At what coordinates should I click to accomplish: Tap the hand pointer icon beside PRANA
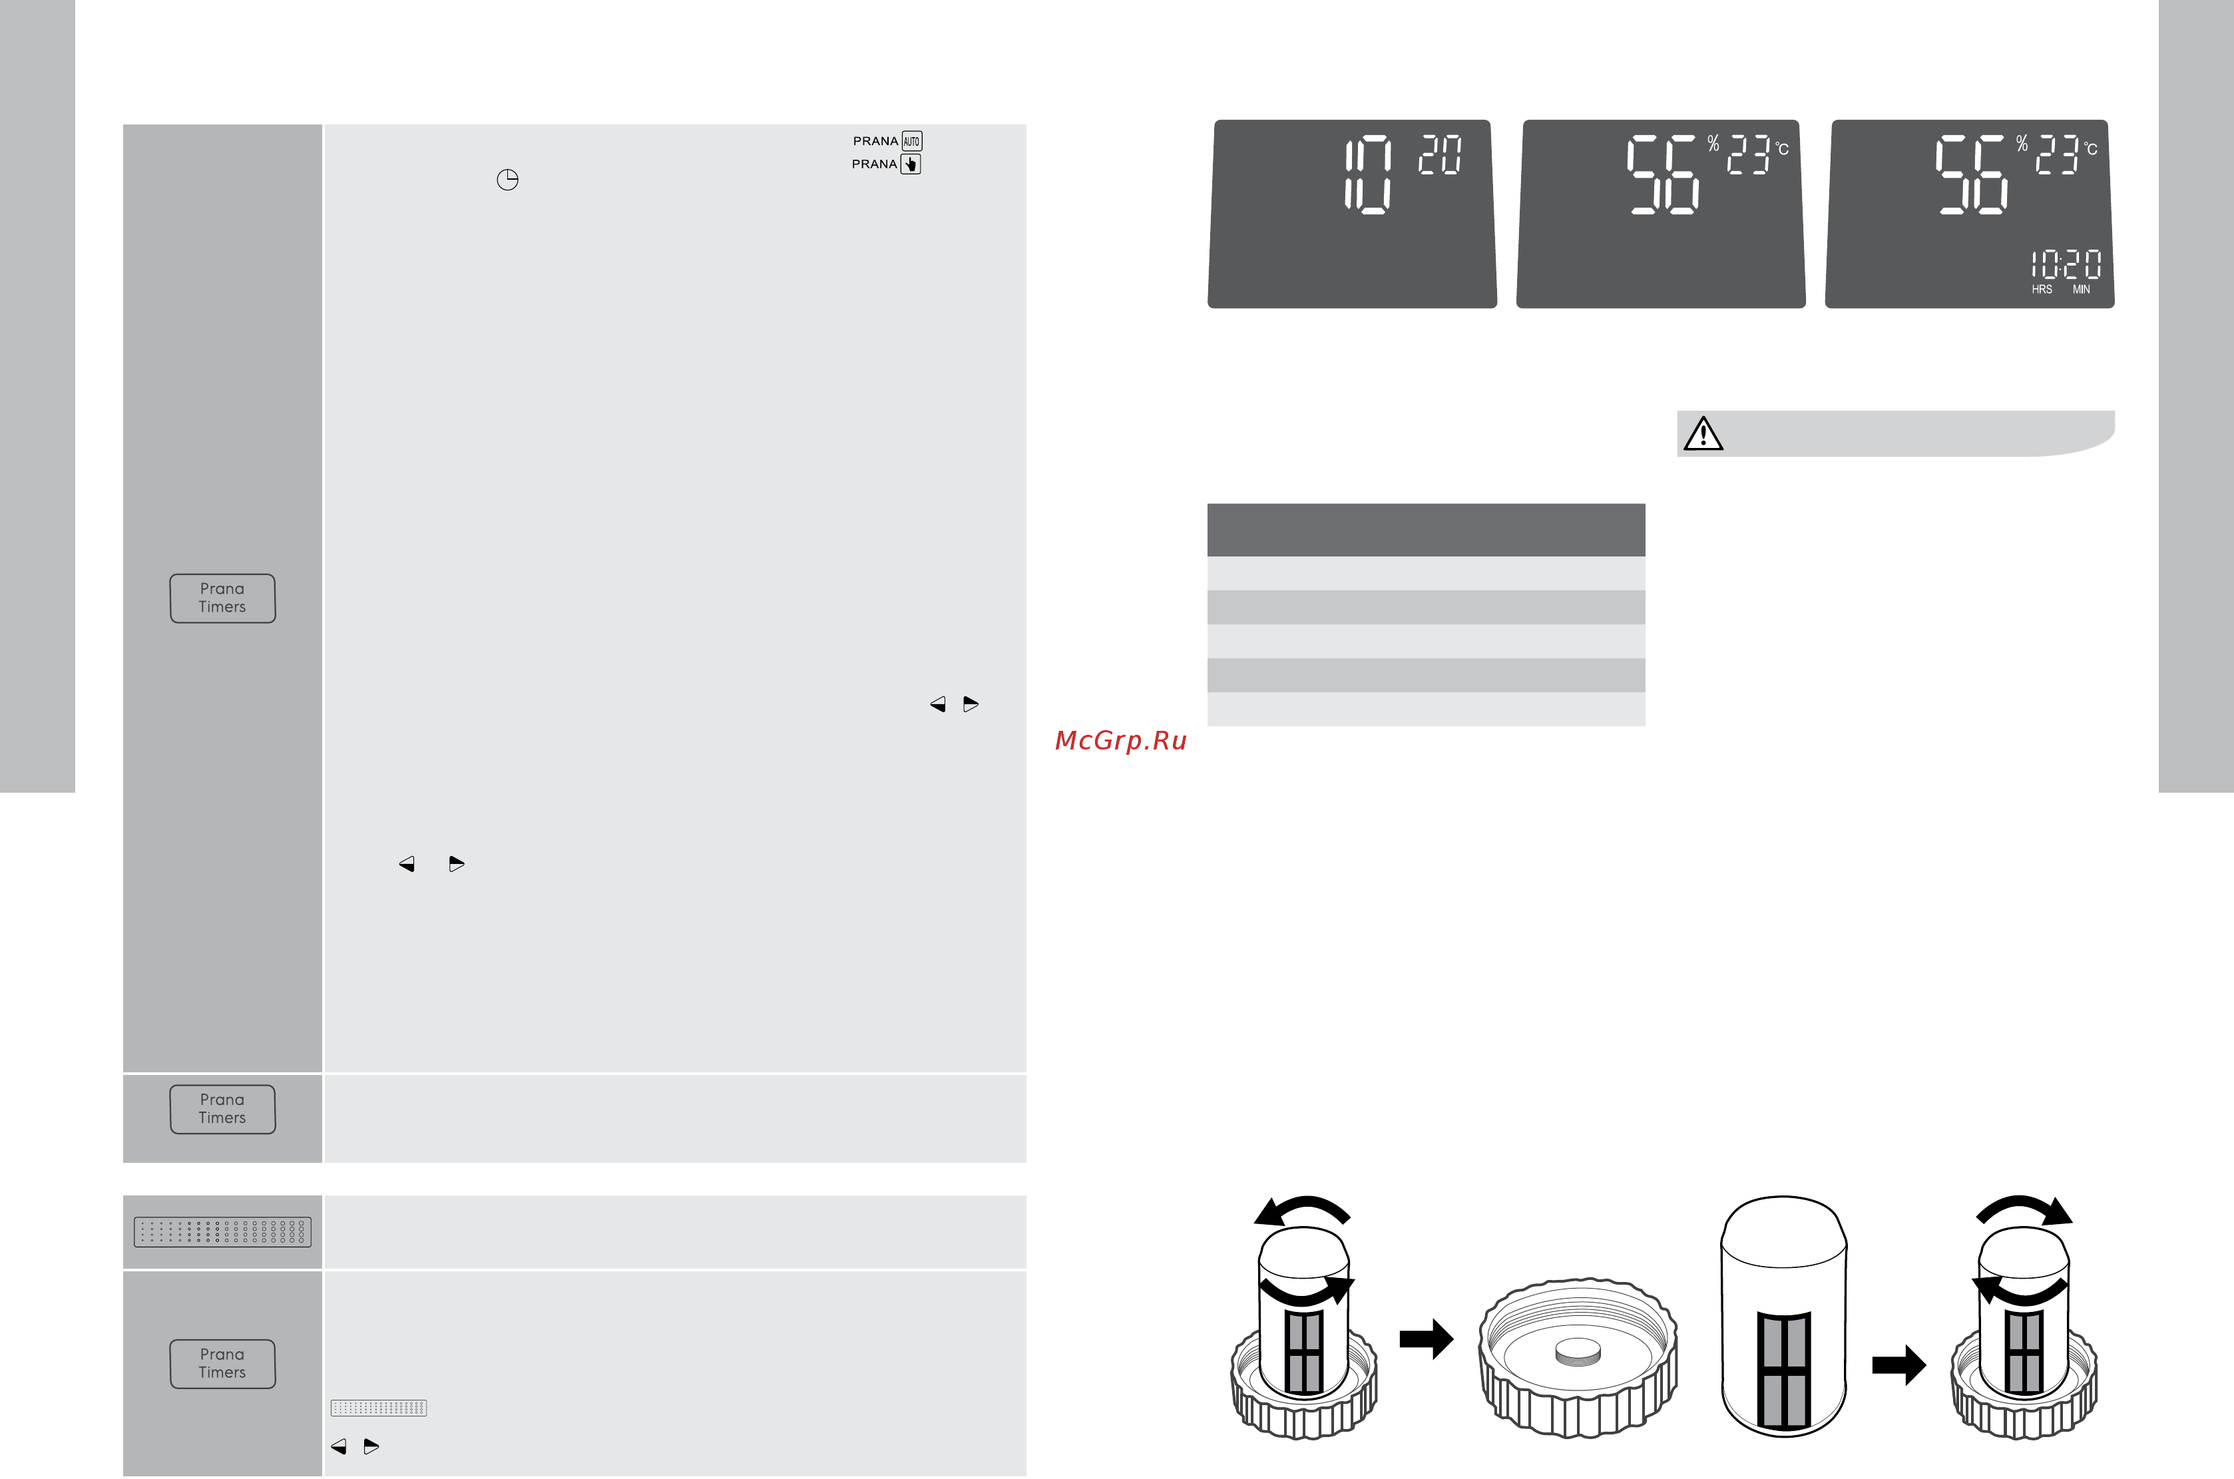pos(911,164)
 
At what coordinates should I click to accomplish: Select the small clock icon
pos(507,179)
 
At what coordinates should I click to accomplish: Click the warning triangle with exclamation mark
pos(1703,434)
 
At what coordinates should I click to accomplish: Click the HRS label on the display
pos(2042,290)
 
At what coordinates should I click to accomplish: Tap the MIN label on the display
pos(2081,290)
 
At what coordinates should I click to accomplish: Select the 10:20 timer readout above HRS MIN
pos(2066,264)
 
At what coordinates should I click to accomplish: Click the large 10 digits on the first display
pos(1368,174)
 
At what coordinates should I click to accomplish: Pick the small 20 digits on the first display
pos(1440,154)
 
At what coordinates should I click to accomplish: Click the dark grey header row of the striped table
pos(1425,530)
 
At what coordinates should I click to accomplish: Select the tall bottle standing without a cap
pos(1783,1316)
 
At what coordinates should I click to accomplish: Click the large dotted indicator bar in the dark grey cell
pos(222,1232)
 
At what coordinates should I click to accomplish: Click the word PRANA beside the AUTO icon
pos(875,142)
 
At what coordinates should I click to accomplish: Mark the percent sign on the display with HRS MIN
pos(2022,143)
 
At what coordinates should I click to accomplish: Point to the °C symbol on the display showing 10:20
pos(2091,148)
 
